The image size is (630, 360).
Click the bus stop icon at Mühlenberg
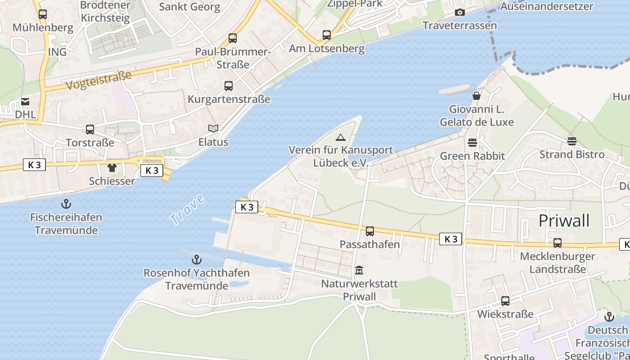(42, 14)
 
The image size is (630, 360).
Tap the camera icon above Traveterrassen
(459, 12)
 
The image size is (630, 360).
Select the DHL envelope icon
(25, 102)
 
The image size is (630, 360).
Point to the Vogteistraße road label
(99, 80)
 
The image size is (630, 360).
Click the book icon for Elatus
(213, 129)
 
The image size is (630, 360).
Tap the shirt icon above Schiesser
(112, 168)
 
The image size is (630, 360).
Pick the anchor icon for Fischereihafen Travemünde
(66, 204)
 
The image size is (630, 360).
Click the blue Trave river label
(187, 210)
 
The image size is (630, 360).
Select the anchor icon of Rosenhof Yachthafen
(196, 260)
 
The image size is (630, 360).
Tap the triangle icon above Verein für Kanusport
(341, 137)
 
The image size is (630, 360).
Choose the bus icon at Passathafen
(369, 231)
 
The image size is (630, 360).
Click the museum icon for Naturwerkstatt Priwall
(359, 270)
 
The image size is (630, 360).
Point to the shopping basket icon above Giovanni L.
(477, 96)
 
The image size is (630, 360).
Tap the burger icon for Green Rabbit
(472, 143)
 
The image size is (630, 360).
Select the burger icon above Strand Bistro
(571, 141)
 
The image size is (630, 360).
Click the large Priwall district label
(564, 221)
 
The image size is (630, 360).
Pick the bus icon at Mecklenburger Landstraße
(557, 243)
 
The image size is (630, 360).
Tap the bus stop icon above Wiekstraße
(505, 301)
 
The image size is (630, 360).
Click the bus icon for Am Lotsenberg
(327, 35)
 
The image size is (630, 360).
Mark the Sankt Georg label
(189, 7)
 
